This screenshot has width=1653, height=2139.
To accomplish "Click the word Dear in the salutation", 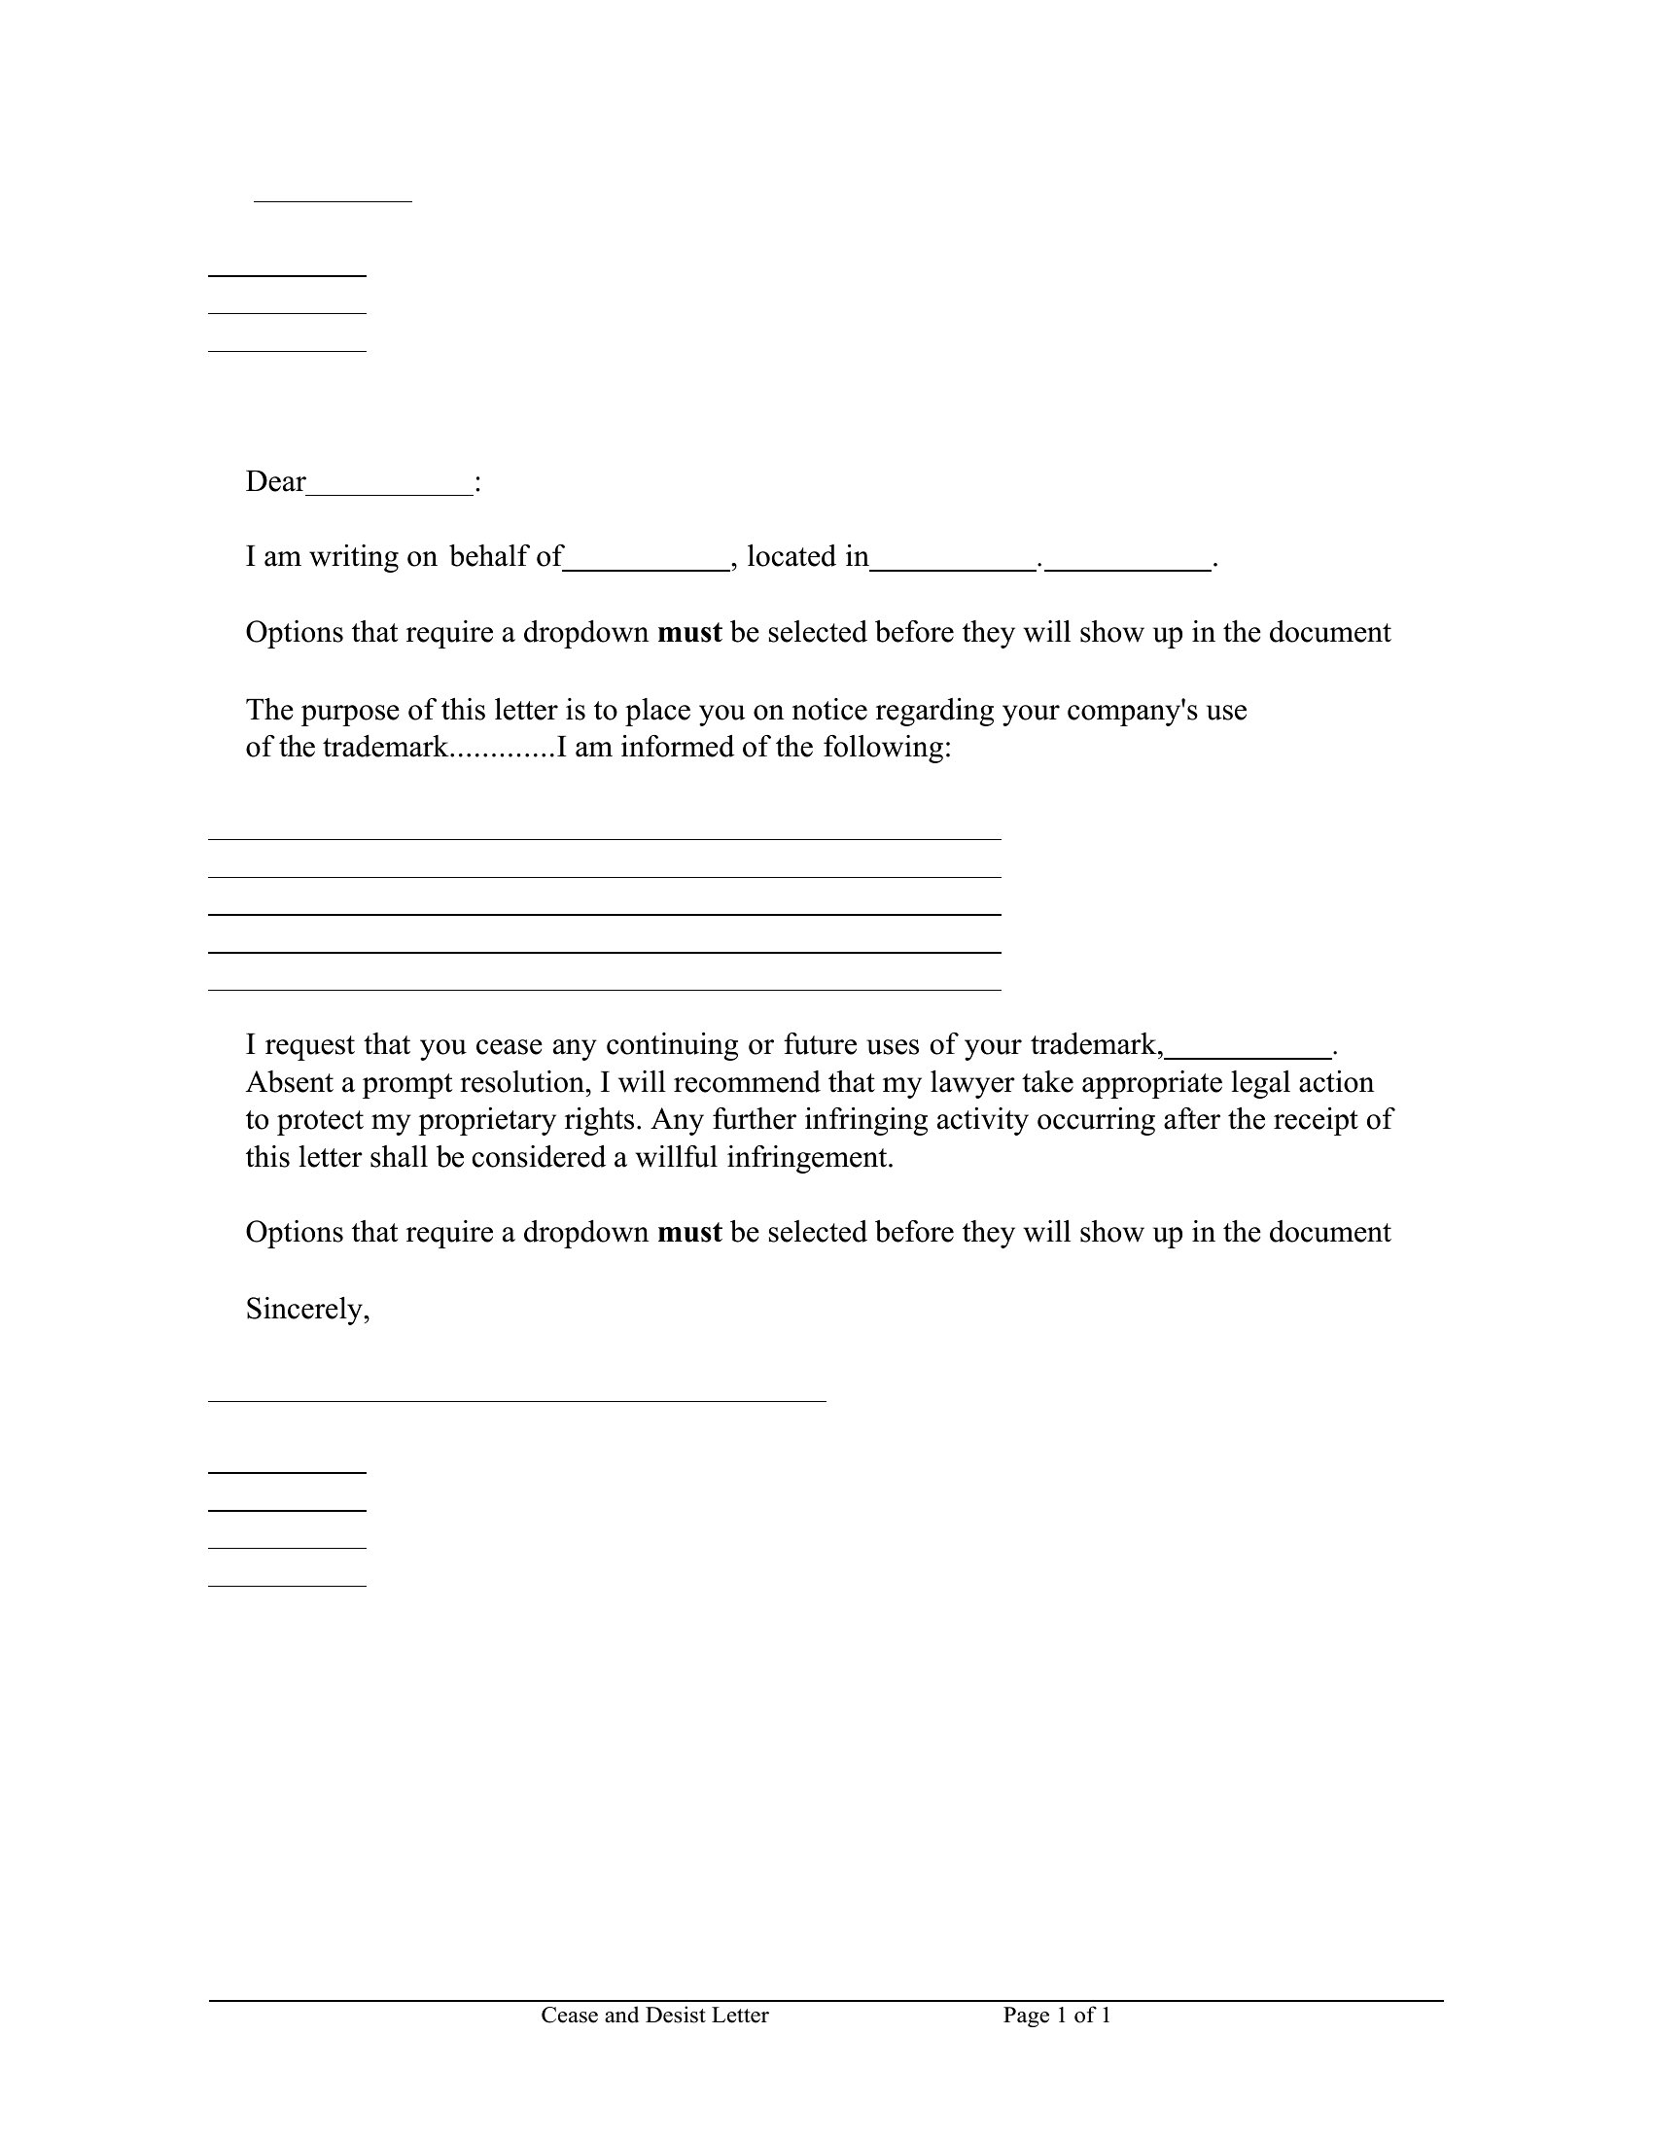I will [275, 482].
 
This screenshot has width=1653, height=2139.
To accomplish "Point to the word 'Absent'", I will [290, 1082].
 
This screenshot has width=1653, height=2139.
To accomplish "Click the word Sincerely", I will [307, 1310].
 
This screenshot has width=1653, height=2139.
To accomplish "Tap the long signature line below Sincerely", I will [516, 1400].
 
